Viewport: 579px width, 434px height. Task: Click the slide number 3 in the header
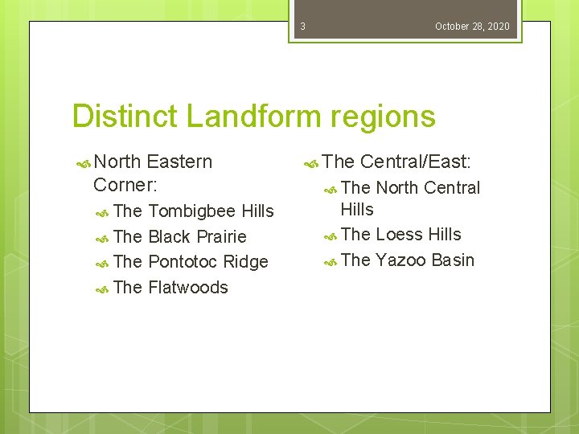coord(302,27)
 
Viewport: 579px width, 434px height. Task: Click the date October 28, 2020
coord(472,27)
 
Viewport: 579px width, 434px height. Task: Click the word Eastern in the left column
coord(179,162)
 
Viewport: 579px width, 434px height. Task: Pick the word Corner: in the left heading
coord(125,184)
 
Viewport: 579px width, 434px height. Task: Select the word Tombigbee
coord(192,211)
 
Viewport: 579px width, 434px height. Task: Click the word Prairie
coord(220,237)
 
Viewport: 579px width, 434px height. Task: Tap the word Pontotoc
coord(183,262)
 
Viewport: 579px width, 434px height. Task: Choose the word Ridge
coord(245,262)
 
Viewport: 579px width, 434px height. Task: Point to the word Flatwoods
coord(188,288)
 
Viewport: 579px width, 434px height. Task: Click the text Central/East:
coord(415,162)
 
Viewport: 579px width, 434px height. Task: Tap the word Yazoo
coord(400,260)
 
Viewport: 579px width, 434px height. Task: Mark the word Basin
coord(453,260)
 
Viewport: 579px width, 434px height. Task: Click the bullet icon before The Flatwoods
coord(102,289)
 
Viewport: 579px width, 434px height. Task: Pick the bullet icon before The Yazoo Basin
coord(329,261)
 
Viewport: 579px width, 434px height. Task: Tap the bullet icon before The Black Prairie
coord(102,238)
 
